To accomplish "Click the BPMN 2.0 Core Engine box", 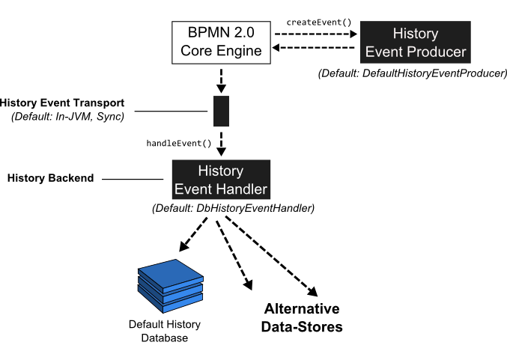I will click(221, 42).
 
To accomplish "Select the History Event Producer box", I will click(415, 43).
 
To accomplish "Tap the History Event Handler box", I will click(220, 180).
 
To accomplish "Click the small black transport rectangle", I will click(221, 112).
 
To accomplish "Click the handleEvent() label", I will click(179, 142).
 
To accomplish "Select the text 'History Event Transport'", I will click(62, 103).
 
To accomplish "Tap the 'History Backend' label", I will click(50, 178).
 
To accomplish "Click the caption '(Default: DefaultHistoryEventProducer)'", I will click(413, 73).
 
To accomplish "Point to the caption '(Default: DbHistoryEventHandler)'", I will click(233, 207).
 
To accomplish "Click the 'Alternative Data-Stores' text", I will click(302, 318).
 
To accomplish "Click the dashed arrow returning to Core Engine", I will click(315, 49).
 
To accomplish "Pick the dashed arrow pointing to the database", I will click(196, 234).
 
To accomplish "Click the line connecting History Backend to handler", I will click(132, 179).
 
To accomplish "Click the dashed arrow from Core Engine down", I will click(221, 79).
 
